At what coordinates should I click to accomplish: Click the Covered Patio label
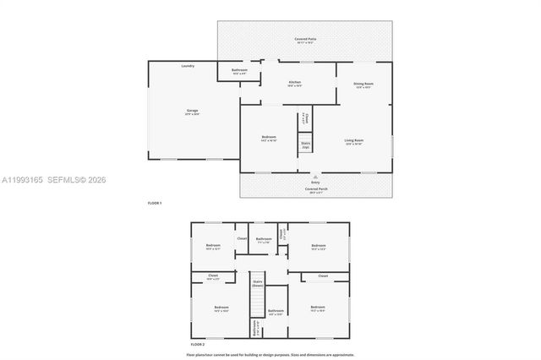[x=304, y=40]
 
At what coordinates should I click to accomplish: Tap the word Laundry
[x=188, y=66]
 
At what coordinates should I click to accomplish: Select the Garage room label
[x=193, y=111]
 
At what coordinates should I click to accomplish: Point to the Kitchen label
[x=295, y=83]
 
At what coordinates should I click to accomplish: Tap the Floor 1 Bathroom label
[x=239, y=70]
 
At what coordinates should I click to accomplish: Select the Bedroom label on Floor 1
[x=269, y=138]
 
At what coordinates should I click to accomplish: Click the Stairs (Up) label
[x=306, y=145]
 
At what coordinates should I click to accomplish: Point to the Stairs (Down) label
[x=258, y=283]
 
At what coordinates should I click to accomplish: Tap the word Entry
[x=315, y=182]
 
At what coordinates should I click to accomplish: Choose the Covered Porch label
[x=315, y=189]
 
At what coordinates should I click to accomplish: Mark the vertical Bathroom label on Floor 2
[x=254, y=328]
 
